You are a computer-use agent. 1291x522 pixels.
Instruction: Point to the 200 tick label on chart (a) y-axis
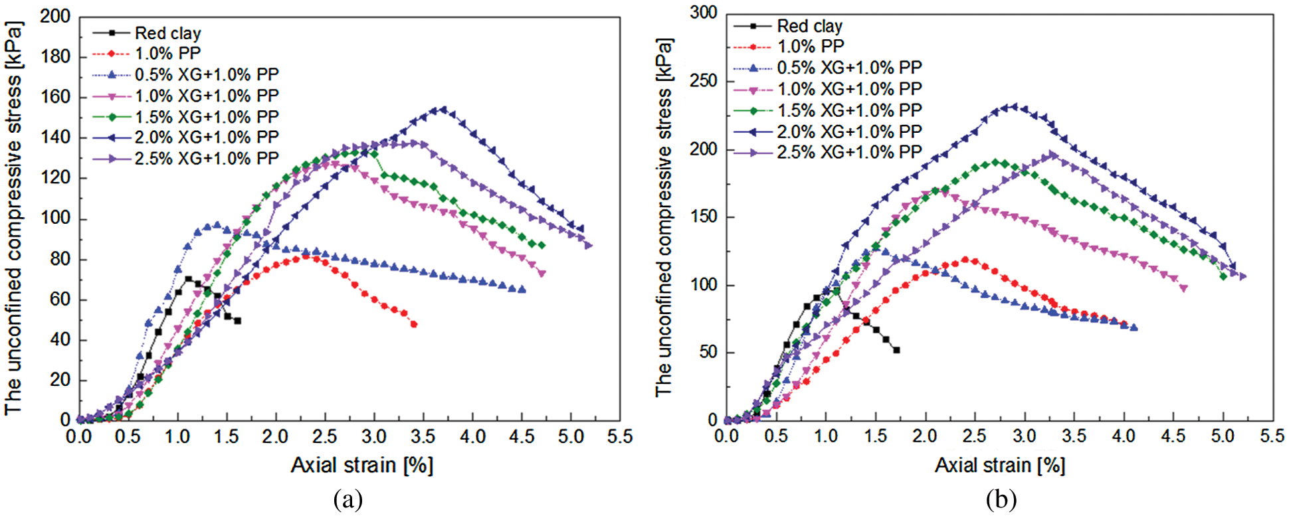[x=55, y=17]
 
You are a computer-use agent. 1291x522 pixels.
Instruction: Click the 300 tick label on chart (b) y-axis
[x=704, y=13]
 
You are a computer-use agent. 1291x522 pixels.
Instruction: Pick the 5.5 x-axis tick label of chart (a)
[x=619, y=437]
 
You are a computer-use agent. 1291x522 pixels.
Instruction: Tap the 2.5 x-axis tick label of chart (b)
[x=974, y=436]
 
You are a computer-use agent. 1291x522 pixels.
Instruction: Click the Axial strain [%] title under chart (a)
[x=362, y=465]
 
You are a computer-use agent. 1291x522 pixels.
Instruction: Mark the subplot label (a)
[x=348, y=499]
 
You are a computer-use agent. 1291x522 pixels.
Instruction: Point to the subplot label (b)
[x=1001, y=499]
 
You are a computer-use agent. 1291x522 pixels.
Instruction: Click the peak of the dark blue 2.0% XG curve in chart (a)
[x=442, y=109]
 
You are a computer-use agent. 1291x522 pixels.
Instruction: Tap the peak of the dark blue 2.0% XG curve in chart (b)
[x=1013, y=106]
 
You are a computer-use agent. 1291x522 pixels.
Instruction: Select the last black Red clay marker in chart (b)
[x=896, y=350]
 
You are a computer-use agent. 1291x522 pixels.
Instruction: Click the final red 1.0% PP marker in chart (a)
[x=414, y=324]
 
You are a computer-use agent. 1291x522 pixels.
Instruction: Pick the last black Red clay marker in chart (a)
[x=237, y=321]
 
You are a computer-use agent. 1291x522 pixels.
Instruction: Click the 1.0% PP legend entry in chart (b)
[x=810, y=46]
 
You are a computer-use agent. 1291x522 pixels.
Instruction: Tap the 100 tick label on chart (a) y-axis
[x=55, y=218]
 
